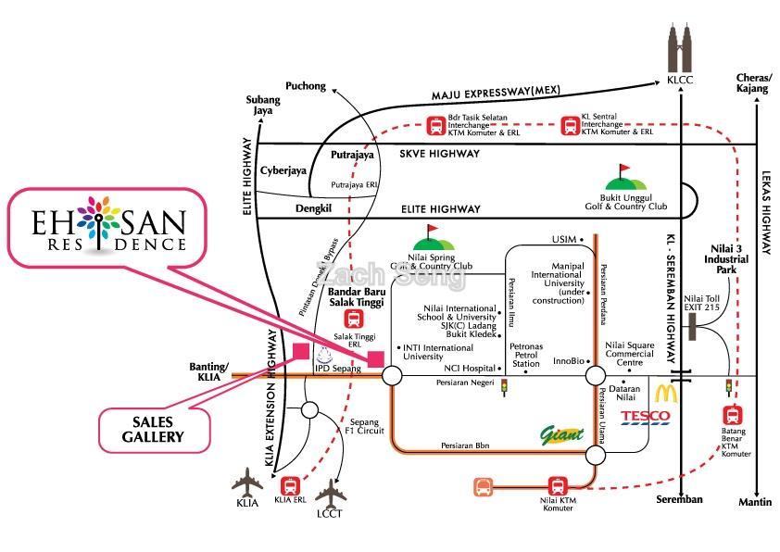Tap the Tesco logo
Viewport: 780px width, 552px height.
pyautogui.click(x=645, y=417)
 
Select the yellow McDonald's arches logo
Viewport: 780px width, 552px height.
pyautogui.click(x=666, y=392)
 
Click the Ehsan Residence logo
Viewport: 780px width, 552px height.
pyautogui.click(x=109, y=230)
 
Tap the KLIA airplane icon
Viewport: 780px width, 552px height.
pyautogui.click(x=247, y=483)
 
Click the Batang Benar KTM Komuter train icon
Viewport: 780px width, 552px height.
pyautogui.click(x=732, y=415)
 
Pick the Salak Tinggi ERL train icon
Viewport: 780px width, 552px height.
pyautogui.click(x=352, y=320)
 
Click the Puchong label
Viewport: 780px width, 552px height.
pyautogui.click(x=306, y=86)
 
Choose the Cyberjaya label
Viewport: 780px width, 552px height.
pyautogui.click(x=283, y=170)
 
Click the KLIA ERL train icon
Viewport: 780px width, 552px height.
pyautogui.click(x=290, y=484)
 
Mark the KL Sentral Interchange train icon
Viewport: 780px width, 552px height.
pyautogui.click(x=572, y=125)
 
